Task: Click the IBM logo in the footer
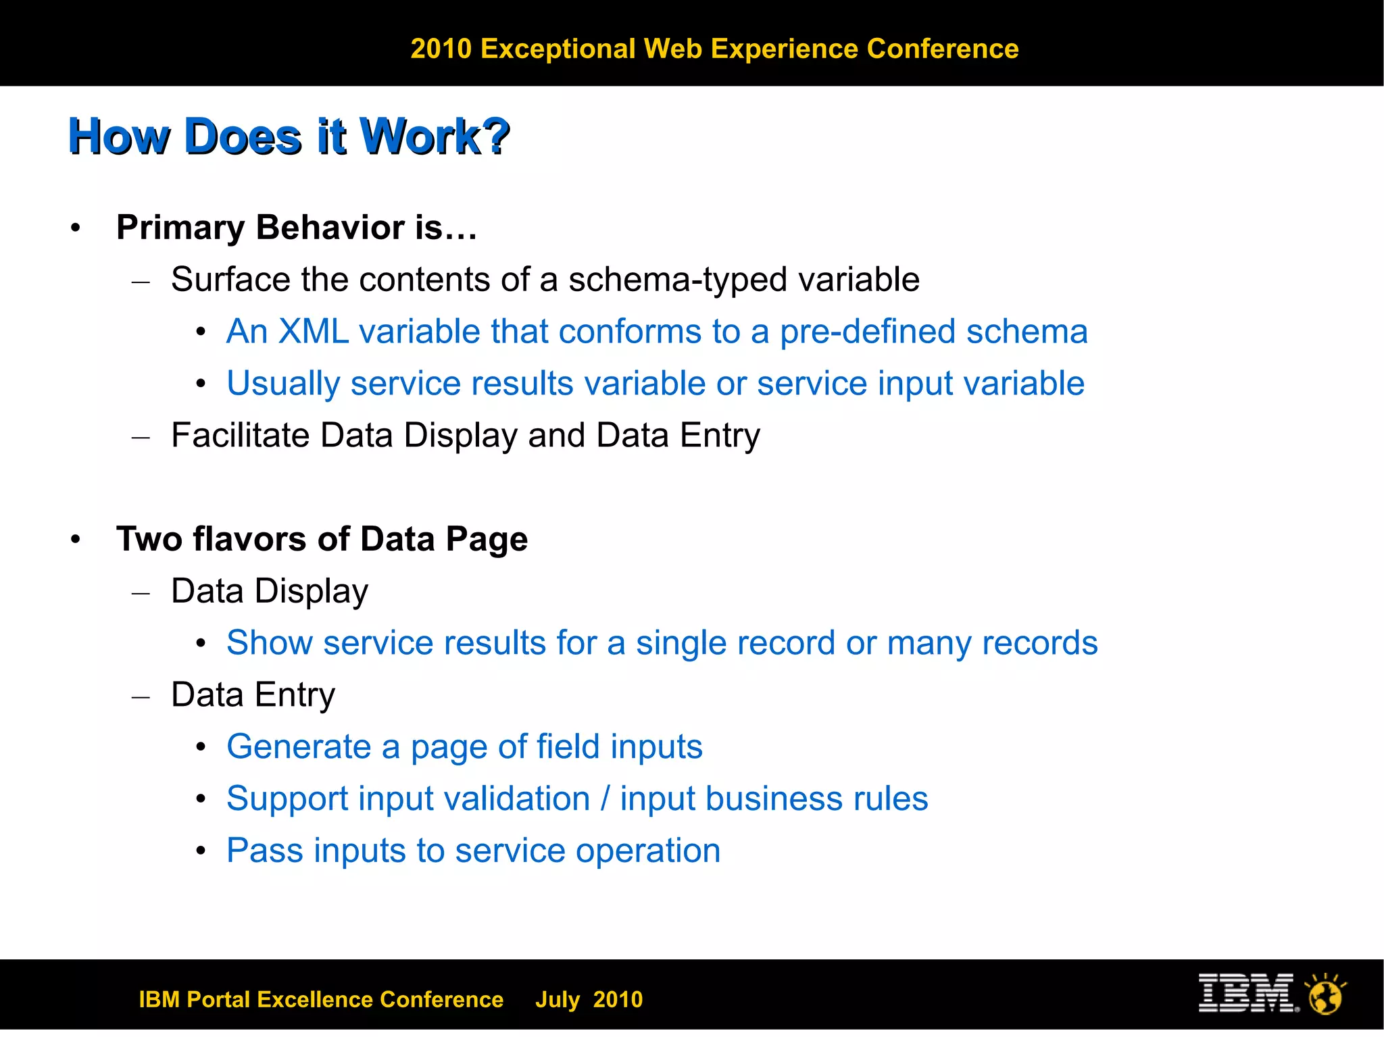point(1247,992)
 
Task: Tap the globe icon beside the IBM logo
point(1325,994)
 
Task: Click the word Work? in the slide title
point(435,136)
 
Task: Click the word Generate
point(299,747)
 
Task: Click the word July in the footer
point(558,1000)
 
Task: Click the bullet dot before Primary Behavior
point(76,228)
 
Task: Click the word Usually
point(283,384)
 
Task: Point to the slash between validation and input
point(605,799)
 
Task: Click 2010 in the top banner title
point(441,49)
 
